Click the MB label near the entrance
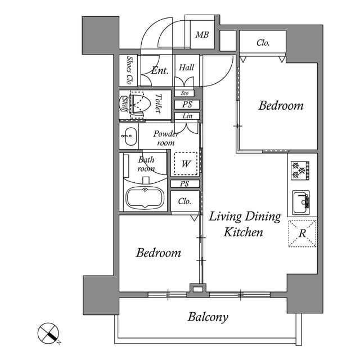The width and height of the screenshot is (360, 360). click(x=202, y=35)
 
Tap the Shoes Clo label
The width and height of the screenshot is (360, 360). click(x=129, y=70)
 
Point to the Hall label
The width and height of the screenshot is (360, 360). click(x=186, y=67)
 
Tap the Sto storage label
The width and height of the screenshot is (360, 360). click(x=184, y=93)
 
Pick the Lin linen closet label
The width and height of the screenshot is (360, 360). click(x=186, y=116)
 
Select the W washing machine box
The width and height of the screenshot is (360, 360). click(x=185, y=164)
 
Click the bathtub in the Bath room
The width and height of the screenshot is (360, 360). click(x=145, y=197)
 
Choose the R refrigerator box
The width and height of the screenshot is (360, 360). click(x=302, y=233)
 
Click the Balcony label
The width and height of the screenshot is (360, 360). click(x=208, y=317)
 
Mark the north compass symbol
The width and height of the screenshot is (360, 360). click(x=49, y=333)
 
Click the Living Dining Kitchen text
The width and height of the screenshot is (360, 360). click(x=245, y=224)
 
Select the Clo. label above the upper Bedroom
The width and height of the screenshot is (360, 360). click(x=263, y=43)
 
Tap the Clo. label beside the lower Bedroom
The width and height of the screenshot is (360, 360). click(x=184, y=201)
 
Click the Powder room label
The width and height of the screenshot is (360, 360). click(x=166, y=138)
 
